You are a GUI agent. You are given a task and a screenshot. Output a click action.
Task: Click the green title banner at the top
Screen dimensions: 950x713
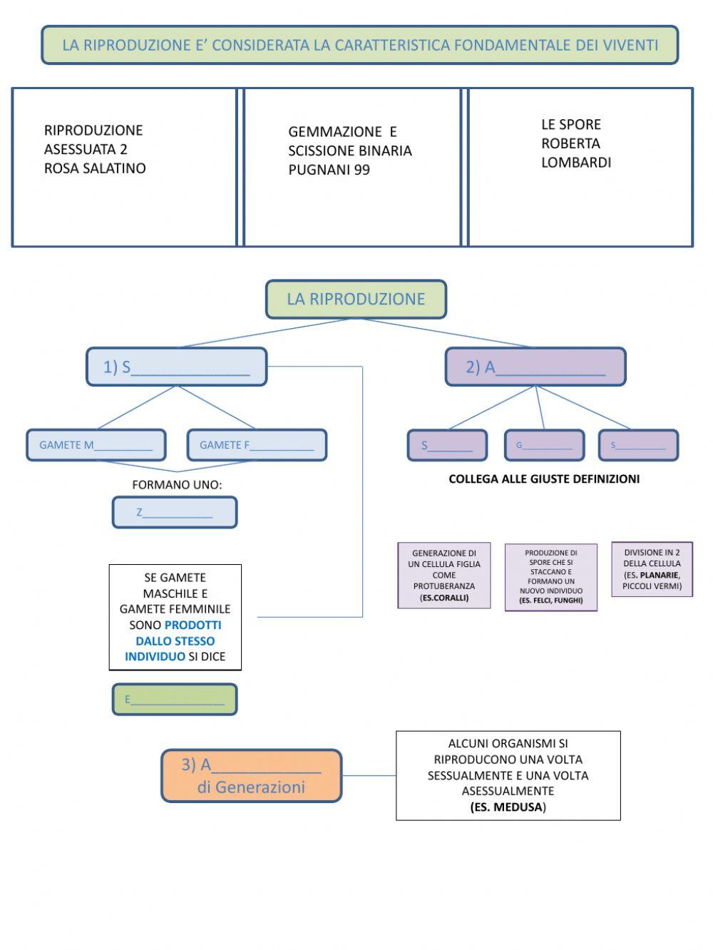click(359, 45)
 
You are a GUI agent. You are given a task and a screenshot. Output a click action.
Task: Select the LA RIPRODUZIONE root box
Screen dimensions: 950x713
click(356, 299)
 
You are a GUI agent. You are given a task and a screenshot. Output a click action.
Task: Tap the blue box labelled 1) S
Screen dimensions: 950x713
click(176, 367)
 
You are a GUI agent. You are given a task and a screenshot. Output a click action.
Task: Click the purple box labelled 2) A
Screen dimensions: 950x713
click(535, 367)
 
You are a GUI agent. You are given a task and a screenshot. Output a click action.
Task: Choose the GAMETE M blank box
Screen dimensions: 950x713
click(96, 445)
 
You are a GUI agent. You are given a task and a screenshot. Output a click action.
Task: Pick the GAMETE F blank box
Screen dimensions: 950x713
click(257, 445)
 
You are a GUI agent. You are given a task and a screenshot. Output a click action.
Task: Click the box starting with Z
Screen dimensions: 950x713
click(175, 512)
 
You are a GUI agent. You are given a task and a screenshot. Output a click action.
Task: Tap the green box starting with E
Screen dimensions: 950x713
click(175, 699)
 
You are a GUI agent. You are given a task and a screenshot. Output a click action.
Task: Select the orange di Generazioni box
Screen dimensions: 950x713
click(251, 775)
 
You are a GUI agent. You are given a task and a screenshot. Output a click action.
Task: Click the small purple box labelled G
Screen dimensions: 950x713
click(544, 445)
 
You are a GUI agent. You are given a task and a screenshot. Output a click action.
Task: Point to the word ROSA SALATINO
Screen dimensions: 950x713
click(95, 168)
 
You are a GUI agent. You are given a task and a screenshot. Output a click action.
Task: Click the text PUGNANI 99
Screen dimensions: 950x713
click(329, 170)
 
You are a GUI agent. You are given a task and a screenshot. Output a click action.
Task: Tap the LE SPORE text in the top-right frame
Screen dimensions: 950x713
click(570, 124)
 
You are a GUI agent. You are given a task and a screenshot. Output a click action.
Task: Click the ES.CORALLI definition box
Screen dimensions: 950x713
click(444, 575)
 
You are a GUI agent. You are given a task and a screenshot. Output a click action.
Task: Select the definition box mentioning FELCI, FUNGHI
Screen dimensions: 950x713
click(550, 577)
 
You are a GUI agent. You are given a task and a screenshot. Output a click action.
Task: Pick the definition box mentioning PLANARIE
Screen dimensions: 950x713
click(652, 569)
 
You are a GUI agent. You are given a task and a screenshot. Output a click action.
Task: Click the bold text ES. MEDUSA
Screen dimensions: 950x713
click(507, 807)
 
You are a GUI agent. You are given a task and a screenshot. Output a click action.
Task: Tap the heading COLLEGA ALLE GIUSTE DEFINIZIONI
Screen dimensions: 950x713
click(543, 479)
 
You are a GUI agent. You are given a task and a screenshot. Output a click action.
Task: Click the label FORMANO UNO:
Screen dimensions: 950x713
click(177, 484)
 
